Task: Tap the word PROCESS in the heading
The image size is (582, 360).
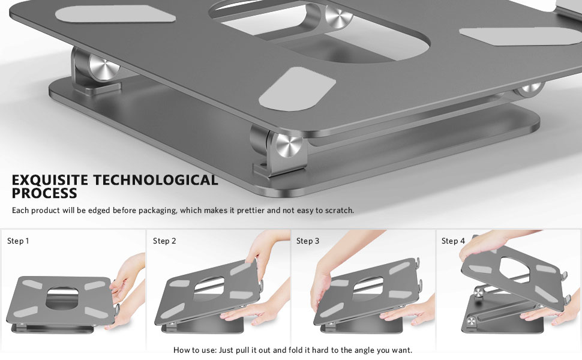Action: [44, 193]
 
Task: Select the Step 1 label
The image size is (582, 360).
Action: [18, 241]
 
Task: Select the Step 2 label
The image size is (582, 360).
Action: [164, 241]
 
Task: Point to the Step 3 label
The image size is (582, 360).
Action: [308, 241]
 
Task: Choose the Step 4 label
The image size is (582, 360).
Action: [453, 241]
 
